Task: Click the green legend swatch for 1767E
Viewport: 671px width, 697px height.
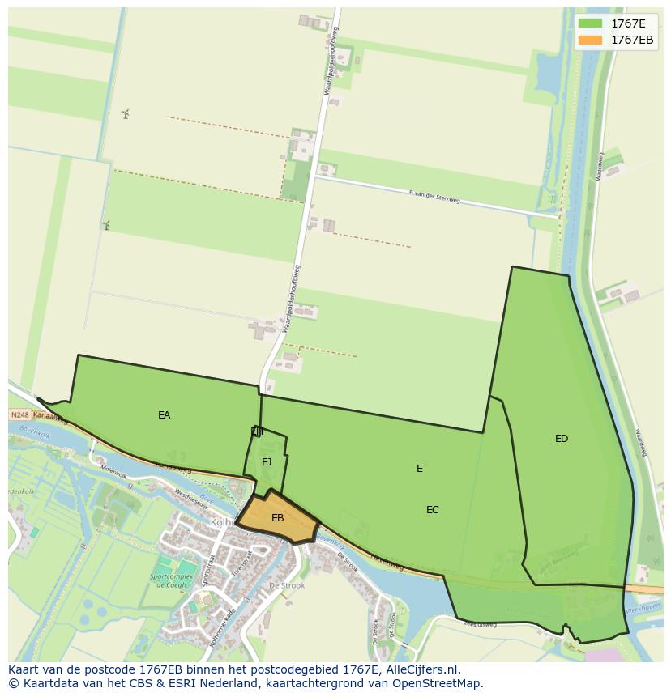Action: tap(590, 23)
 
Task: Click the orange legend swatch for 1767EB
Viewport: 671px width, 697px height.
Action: tap(590, 40)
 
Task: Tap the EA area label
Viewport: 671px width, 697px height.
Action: tap(165, 415)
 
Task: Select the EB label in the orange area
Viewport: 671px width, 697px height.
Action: tap(277, 518)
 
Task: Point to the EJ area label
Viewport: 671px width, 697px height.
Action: tap(267, 462)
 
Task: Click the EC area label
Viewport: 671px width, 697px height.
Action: tap(433, 510)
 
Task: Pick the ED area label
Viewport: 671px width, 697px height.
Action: tap(562, 439)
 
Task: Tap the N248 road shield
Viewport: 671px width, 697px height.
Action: tap(20, 414)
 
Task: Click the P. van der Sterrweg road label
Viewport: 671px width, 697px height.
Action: tap(434, 196)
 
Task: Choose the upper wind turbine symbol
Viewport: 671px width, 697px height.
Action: tap(126, 113)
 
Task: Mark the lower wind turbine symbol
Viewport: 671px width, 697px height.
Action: tap(105, 224)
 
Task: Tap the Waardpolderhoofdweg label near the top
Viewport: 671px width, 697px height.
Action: tap(331, 62)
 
